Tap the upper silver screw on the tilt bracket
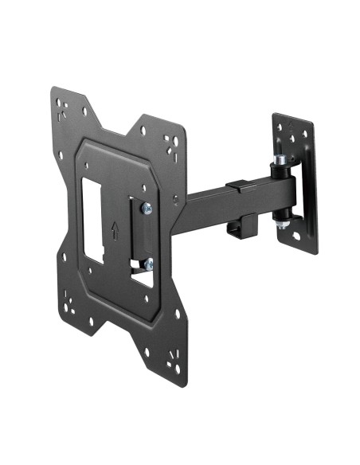click(x=146, y=209)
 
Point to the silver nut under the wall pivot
click(x=284, y=225)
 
